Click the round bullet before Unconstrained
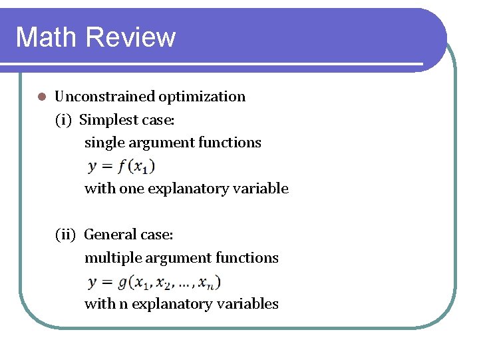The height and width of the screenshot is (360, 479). click(x=41, y=97)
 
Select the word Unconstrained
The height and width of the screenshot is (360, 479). click(x=105, y=97)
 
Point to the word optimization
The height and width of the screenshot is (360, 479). click(x=202, y=97)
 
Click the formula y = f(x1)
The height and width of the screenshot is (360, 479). click(x=122, y=165)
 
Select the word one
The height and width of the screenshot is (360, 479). click(x=131, y=189)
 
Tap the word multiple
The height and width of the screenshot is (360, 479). click(x=110, y=258)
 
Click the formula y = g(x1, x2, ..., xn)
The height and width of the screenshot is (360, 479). click(x=154, y=282)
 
